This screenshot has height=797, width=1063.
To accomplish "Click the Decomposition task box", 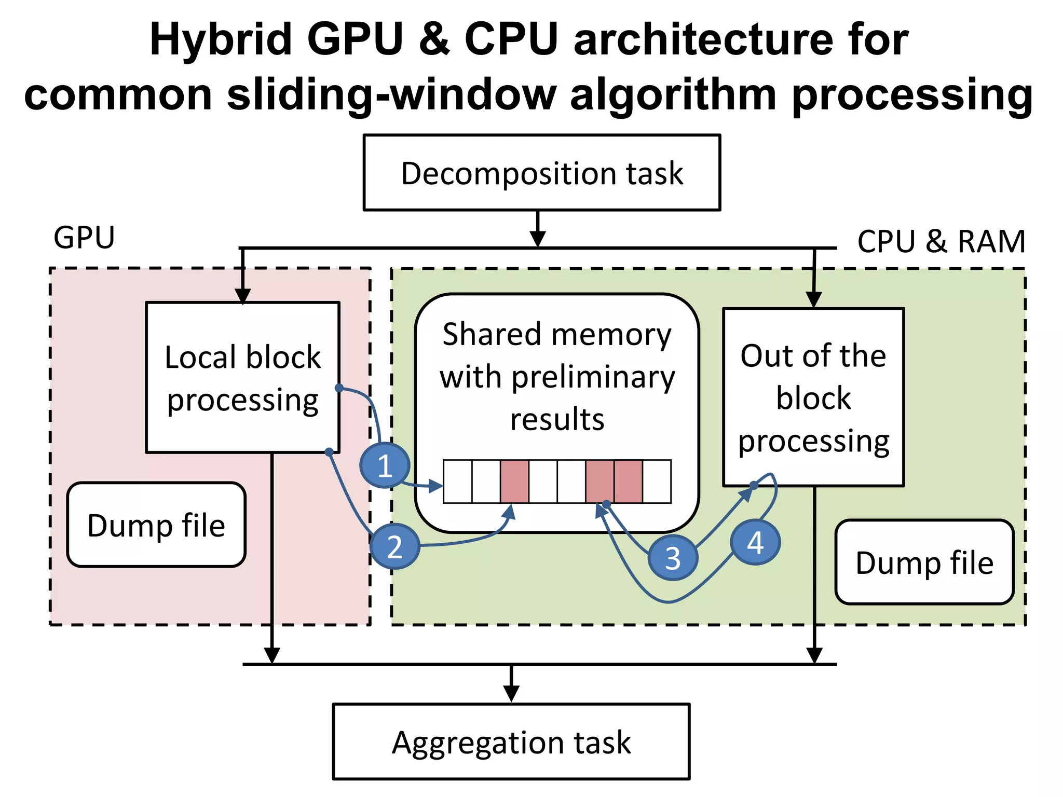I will (x=542, y=173).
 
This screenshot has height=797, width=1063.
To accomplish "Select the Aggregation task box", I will (x=511, y=741).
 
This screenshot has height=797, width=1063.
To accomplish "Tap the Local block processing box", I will (x=242, y=378).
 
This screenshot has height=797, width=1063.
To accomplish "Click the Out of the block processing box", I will (x=813, y=397).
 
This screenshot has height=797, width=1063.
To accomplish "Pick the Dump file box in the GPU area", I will (x=156, y=525).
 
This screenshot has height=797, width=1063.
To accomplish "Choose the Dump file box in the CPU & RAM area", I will (x=924, y=562).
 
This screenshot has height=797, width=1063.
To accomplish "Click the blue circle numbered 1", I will (x=384, y=465).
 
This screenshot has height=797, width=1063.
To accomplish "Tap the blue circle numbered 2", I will (x=394, y=547).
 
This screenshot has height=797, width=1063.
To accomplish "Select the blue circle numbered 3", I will (x=673, y=558).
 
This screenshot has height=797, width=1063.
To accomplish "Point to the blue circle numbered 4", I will (x=755, y=543).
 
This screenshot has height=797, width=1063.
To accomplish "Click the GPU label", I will (x=84, y=238).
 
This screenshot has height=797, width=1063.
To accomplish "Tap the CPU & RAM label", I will (x=941, y=241).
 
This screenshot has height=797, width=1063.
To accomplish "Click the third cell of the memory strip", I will (x=514, y=482).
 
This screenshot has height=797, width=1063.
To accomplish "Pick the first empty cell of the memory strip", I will (x=458, y=482).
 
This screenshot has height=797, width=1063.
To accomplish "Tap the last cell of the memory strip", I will (x=657, y=482).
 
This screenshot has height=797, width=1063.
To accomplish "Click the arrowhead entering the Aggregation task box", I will (x=511, y=694).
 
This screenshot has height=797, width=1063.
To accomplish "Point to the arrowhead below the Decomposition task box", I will (x=538, y=238).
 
